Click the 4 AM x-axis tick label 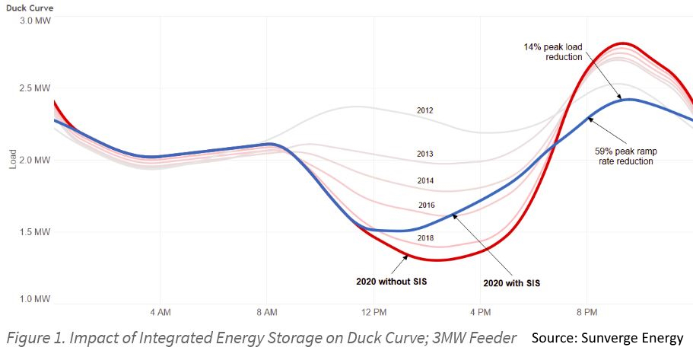click(x=160, y=313)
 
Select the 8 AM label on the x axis click(x=266, y=313)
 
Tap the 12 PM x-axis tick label click(x=374, y=313)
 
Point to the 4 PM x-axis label click(x=480, y=313)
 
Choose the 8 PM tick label click(x=587, y=313)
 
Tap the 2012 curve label click(x=425, y=110)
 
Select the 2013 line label click(x=425, y=154)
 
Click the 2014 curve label click(x=425, y=180)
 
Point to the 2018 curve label click(x=425, y=238)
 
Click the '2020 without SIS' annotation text click(x=391, y=282)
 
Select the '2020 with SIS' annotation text click(x=511, y=282)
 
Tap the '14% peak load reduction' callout click(x=552, y=53)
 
